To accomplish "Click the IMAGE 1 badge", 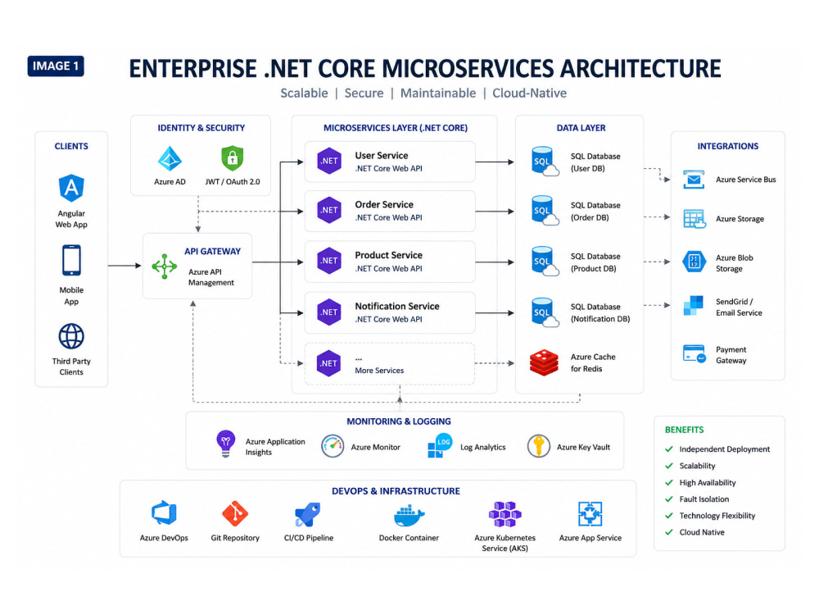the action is coord(56,66).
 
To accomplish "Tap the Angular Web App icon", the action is coord(71,189).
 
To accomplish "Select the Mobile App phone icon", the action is coord(71,260).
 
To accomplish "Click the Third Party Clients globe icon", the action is coord(71,336).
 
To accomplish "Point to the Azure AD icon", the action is coord(170,158).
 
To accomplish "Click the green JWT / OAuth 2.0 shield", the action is coord(233,158).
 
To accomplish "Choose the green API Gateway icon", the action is coord(165,266).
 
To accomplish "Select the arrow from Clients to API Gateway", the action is coord(124,266).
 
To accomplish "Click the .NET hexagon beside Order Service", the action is coord(329,210).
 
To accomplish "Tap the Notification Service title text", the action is coord(397,306).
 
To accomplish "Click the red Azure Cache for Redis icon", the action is coord(544,363).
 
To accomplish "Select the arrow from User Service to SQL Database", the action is coord(495,162).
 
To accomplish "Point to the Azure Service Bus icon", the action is coord(694,180).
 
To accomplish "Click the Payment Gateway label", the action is coord(731,355).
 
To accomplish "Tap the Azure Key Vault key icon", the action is coord(539,446).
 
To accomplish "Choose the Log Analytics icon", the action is coord(440,445).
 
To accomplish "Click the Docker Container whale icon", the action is coord(409,516).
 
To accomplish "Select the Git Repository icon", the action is coord(235,514).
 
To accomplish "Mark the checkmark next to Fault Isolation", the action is coord(669,499).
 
